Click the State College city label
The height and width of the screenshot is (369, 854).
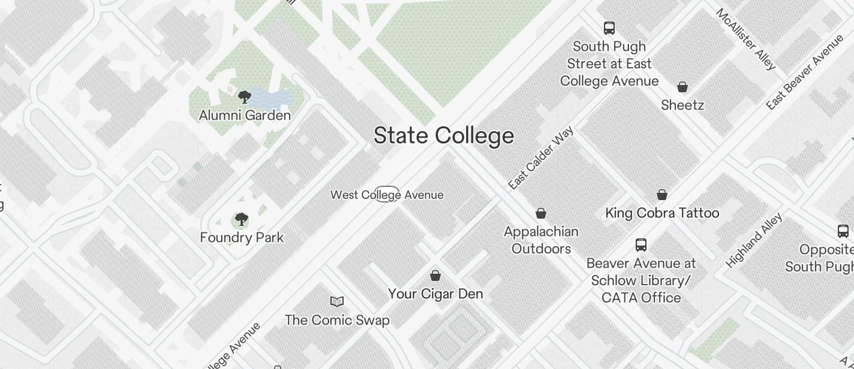pyautogui.click(x=444, y=136)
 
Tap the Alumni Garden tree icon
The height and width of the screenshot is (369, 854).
pyautogui.click(x=244, y=97)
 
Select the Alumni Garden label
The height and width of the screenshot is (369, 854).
pyautogui.click(x=245, y=115)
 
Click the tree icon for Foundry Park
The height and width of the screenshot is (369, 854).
pyautogui.click(x=241, y=220)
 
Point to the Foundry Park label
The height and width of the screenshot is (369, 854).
pyautogui.click(x=242, y=238)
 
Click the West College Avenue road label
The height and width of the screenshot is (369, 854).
pyautogui.click(x=387, y=195)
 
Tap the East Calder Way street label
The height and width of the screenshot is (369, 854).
pyautogui.click(x=541, y=158)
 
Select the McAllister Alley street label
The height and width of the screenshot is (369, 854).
pyautogui.click(x=747, y=39)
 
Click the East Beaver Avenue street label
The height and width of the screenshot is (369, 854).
pyautogui.click(x=805, y=72)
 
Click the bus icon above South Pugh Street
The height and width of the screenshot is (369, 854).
pyautogui.click(x=609, y=28)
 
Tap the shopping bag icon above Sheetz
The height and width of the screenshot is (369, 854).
pyautogui.click(x=682, y=87)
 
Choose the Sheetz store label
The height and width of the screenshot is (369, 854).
pyautogui.click(x=682, y=105)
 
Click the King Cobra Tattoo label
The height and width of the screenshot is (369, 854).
pyautogui.click(x=662, y=213)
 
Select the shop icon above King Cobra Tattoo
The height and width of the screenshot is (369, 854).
pyautogui.click(x=662, y=195)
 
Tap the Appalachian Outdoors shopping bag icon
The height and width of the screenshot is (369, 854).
pyautogui.click(x=541, y=214)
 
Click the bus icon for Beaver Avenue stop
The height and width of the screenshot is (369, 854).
pyautogui.click(x=641, y=245)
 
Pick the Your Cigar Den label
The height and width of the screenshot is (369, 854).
pyautogui.click(x=435, y=294)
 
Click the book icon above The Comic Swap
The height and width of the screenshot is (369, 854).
pyautogui.click(x=337, y=302)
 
